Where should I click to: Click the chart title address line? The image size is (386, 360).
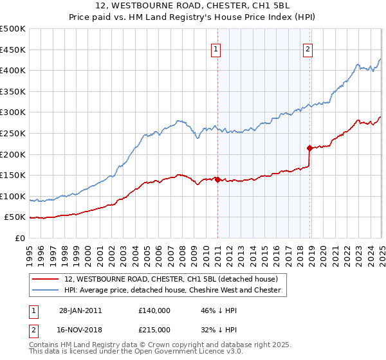coord(193,6)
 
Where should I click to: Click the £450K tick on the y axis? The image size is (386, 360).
coord(13,50)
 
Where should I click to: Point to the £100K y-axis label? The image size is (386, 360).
coord(13,196)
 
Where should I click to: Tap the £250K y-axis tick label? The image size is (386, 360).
coord(13,133)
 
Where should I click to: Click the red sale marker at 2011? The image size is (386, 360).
coord(217,179)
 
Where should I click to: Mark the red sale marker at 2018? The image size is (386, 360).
coord(310,148)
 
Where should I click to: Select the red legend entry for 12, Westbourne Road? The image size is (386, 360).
coord(170,279)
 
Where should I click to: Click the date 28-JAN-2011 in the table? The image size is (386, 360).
coord(80,310)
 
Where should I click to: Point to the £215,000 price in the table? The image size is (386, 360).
coord(154,330)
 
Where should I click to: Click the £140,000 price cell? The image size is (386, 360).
coord(154,310)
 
